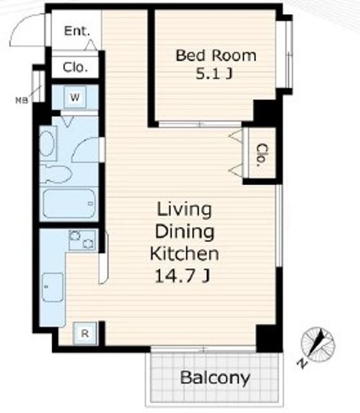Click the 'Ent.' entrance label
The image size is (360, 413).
pyautogui.click(x=77, y=31)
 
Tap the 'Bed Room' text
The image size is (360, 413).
pyautogui.click(x=216, y=56)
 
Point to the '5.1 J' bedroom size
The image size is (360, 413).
pyautogui.click(x=214, y=74)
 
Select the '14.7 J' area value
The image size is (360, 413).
pyautogui.click(x=183, y=276)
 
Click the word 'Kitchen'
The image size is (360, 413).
pyautogui.click(x=184, y=254)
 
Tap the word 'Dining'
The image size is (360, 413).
pyautogui.click(x=185, y=232)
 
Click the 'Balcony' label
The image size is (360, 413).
pyautogui.click(x=215, y=378)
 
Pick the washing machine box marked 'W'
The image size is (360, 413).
pyautogui.click(x=75, y=98)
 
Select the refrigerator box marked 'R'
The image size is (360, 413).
pyautogui.click(x=85, y=333)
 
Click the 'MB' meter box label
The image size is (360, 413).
pyautogui.click(x=22, y=100)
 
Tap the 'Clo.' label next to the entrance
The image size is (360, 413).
pyautogui.click(x=75, y=68)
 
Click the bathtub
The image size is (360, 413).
pyautogui.click(x=69, y=203)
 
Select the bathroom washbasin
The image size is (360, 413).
pyautogui.click(x=48, y=143)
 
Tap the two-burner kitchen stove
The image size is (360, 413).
pyautogui.click(x=82, y=240)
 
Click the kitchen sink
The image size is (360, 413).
pyautogui.click(x=53, y=287)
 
